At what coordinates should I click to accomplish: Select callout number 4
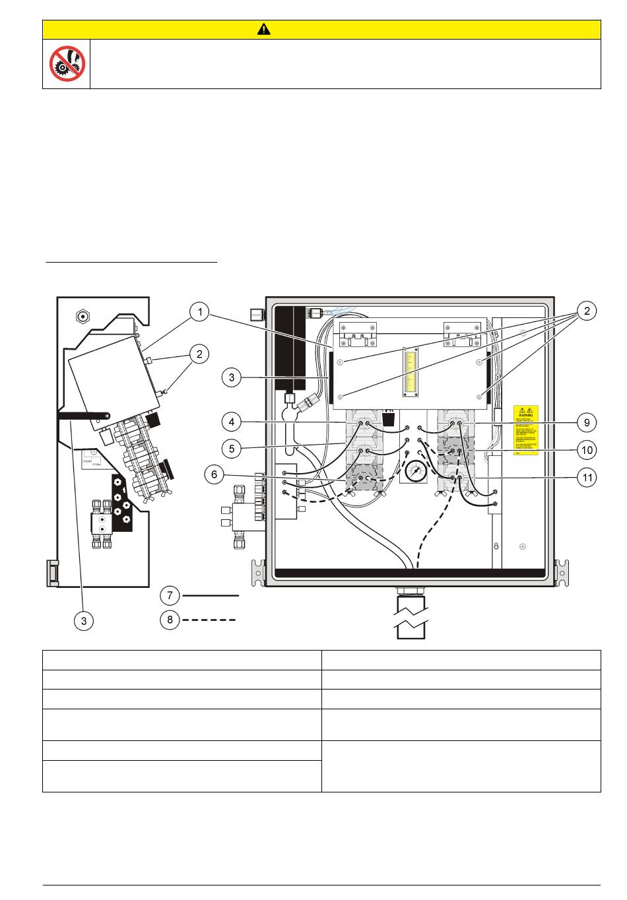pyautogui.click(x=232, y=421)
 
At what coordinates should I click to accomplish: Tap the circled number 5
pyautogui.click(x=232, y=449)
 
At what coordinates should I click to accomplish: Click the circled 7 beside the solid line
pyautogui.click(x=170, y=595)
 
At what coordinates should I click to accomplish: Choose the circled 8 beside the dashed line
pyautogui.click(x=170, y=620)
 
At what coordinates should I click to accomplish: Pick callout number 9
pyautogui.click(x=586, y=422)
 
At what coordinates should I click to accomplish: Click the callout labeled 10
pyautogui.click(x=586, y=450)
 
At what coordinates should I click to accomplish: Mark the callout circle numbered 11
pyautogui.click(x=586, y=478)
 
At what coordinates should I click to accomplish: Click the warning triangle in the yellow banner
pyautogui.click(x=264, y=30)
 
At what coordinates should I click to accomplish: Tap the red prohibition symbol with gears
pyautogui.click(x=67, y=63)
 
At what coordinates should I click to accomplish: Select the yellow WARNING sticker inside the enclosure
pyautogui.click(x=526, y=430)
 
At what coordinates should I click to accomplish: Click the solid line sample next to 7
pyautogui.click(x=211, y=595)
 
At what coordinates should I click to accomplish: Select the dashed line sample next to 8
pyautogui.click(x=211, y=620)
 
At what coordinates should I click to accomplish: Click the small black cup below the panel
pyautogui.click(x=389, y=419)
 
